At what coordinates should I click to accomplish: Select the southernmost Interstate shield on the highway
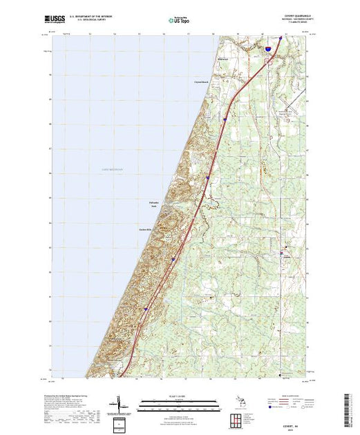coord(146,309)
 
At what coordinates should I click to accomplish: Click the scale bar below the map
coord(176,402)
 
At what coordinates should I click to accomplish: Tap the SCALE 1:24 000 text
coord(176,394)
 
